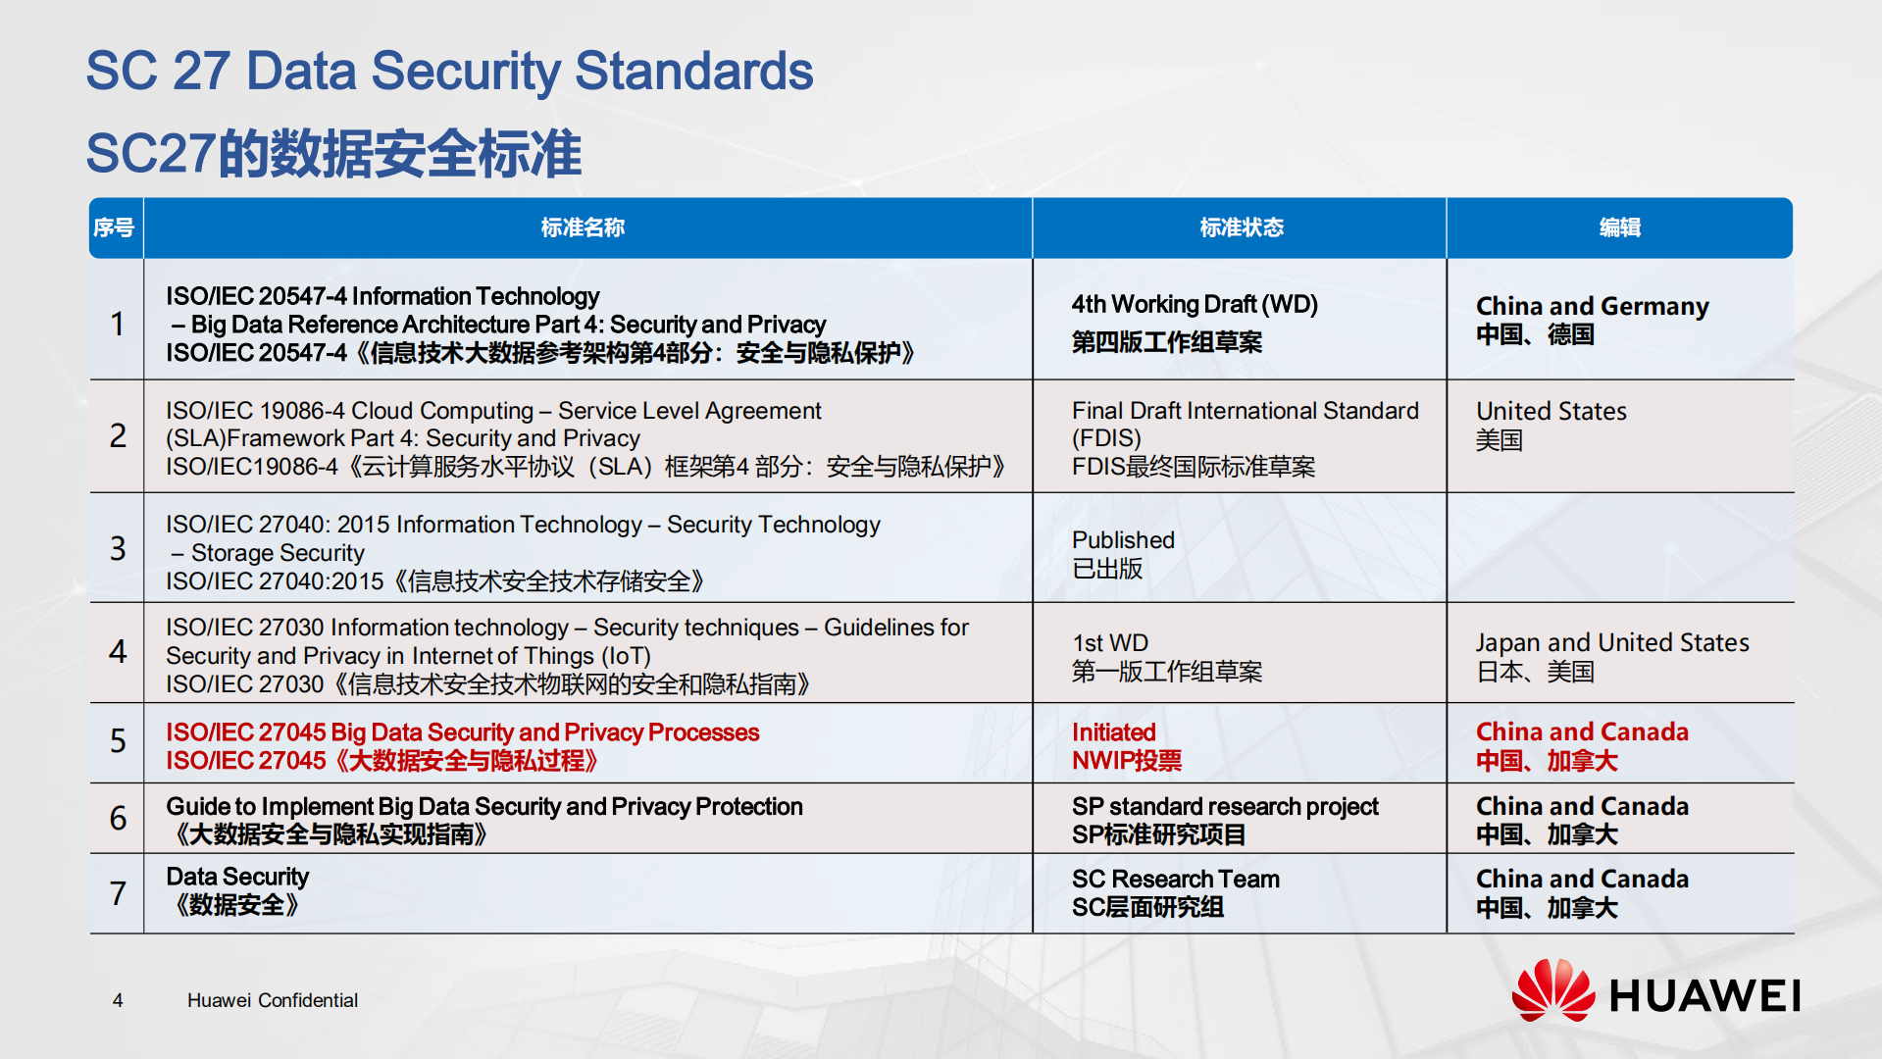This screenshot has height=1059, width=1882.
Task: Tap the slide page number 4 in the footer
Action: [118, 1000]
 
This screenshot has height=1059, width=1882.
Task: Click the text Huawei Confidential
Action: [273, 1000]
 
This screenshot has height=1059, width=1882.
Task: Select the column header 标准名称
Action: [583, 227]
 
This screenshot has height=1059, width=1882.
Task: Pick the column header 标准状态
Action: [1241, 227]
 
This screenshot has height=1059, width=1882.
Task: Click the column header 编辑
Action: [1619, 227]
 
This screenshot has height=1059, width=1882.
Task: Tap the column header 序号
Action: [114, 227]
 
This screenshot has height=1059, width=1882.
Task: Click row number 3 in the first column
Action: [118, 547]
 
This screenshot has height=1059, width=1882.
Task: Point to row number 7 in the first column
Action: [118, 893]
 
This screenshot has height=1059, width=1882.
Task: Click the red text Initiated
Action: [1113, 732]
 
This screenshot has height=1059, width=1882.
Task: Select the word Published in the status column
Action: [1123, 540]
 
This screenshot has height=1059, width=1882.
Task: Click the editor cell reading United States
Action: [1551, 412]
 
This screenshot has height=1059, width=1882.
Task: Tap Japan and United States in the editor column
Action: [1611, 643]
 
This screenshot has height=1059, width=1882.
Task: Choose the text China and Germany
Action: [1592, 307]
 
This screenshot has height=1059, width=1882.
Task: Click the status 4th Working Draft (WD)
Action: [1194, 305]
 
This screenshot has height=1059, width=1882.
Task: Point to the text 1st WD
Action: [1109, 643]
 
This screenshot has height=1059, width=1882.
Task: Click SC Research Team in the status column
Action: [1175, 880]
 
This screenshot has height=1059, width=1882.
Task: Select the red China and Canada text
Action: [1581, 732]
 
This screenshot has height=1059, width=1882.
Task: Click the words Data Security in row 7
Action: [237, 877]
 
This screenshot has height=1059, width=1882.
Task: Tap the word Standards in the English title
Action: [693, 72]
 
